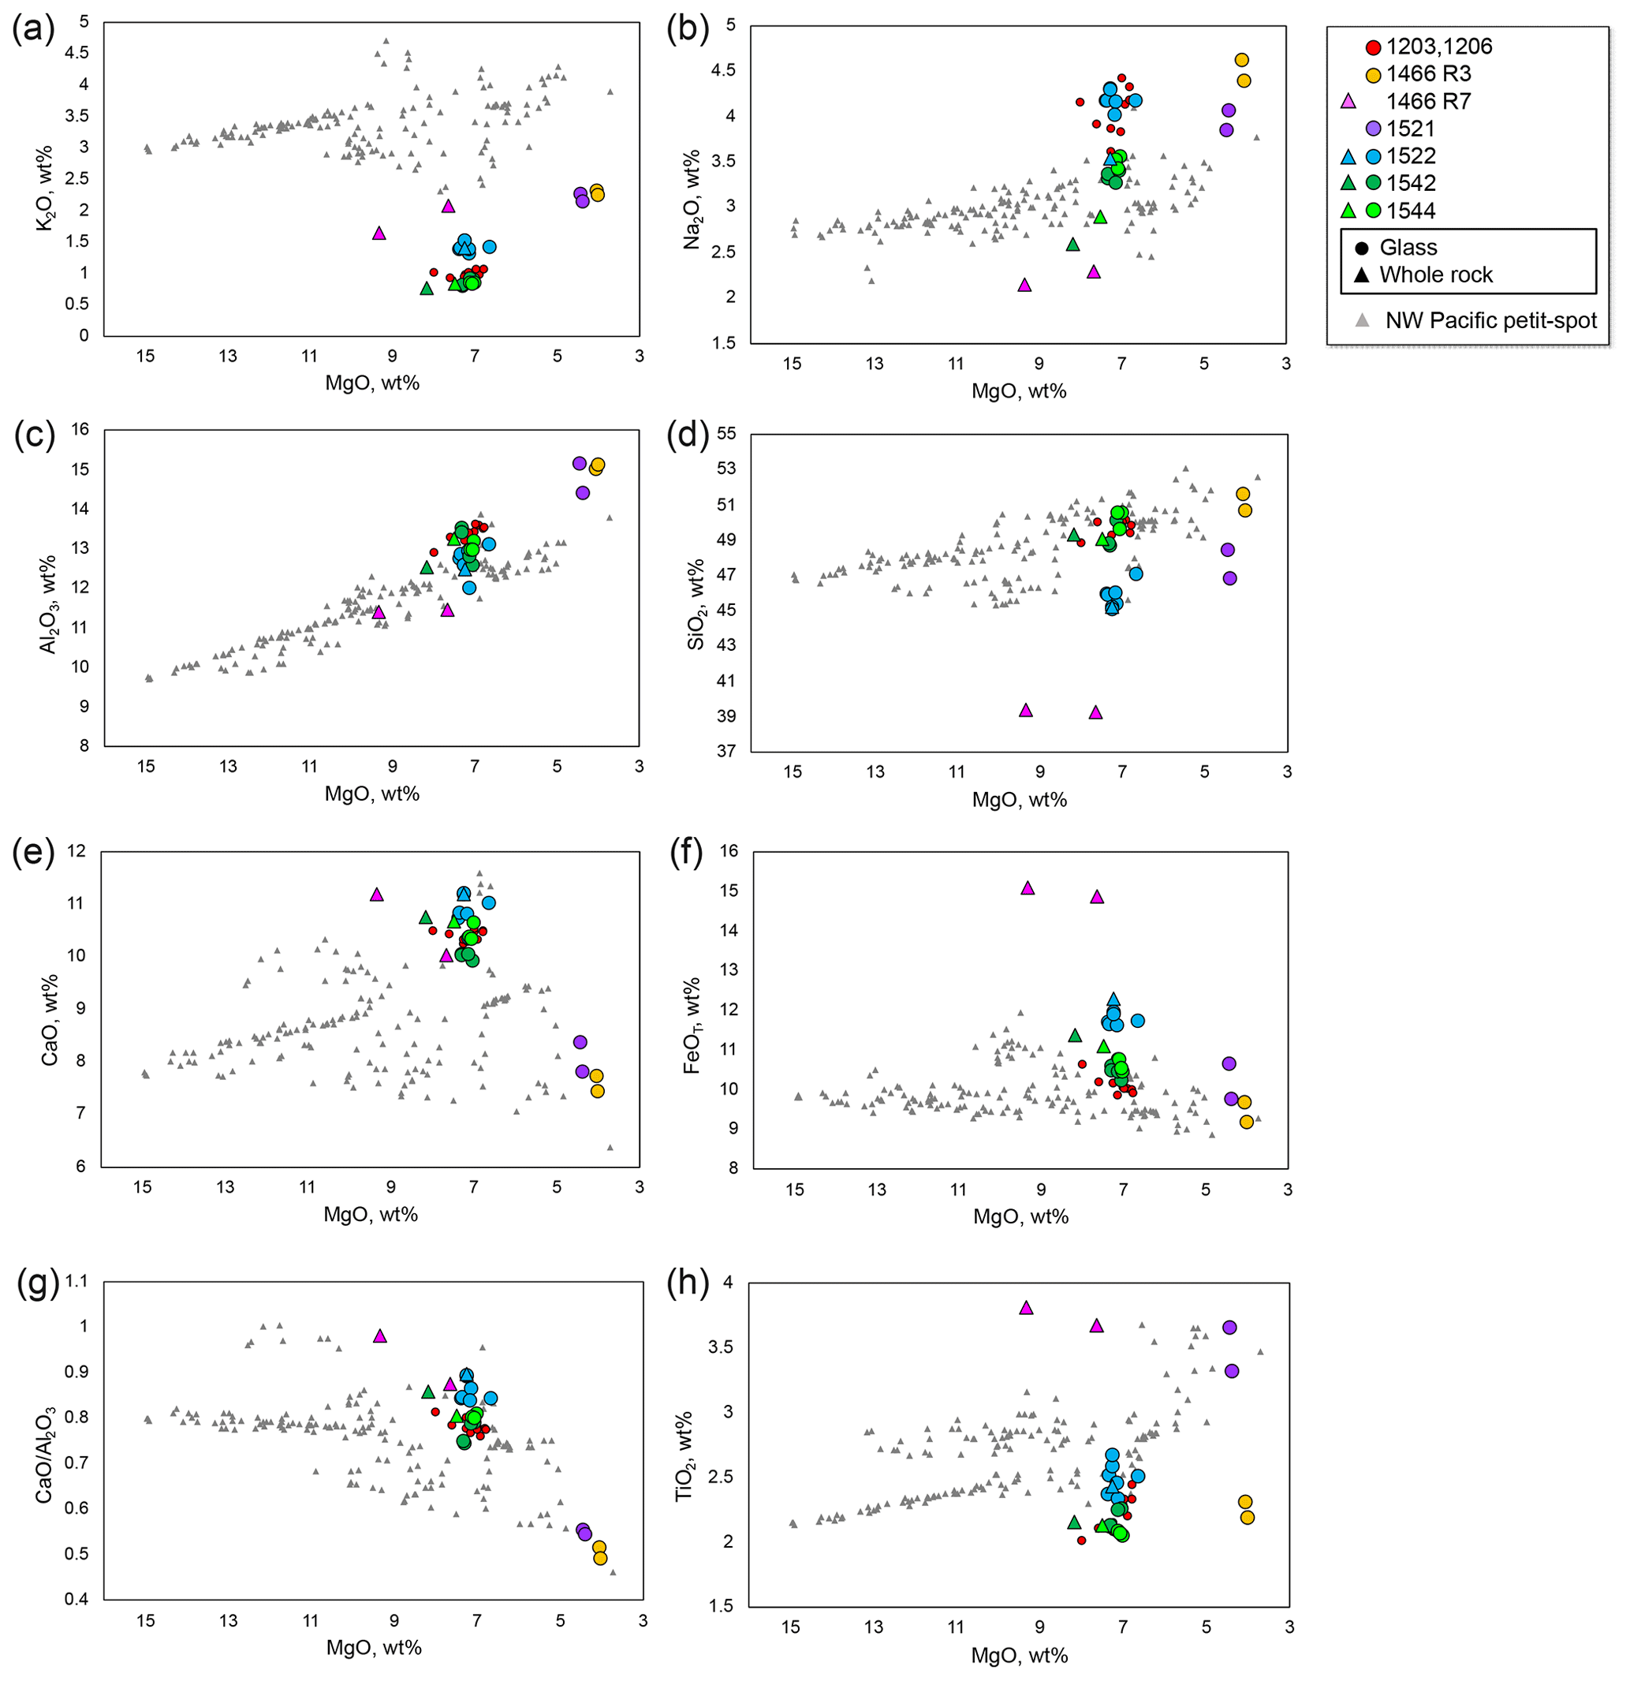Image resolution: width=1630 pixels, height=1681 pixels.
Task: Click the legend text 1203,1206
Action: tap(1439, 47)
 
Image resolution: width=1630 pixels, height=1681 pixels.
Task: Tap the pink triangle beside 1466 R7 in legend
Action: tap(1348, 101)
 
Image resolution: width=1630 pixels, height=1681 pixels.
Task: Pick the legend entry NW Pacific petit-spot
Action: tap(1490, 321)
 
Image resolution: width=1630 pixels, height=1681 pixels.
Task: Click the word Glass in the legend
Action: tap(1408, 248)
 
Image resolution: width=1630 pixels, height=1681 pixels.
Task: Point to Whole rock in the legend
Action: tap(1435, 275)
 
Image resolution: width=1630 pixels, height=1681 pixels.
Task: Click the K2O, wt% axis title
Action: tap(43, 188)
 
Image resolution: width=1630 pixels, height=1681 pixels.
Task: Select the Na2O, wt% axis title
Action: tap(692, 199)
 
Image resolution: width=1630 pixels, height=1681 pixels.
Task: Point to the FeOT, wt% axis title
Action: tap(691, 1025)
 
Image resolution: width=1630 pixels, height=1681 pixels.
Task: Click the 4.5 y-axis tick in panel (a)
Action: tap(76, 53)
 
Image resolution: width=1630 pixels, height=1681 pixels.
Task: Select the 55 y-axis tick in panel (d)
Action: tap(726, 433)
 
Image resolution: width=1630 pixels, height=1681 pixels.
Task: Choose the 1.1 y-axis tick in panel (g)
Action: tap(76, 1281)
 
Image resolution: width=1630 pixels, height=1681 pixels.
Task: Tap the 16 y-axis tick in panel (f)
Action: tap(728, 851)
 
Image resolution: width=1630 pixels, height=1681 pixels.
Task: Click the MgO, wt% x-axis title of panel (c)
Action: tap(372, 794)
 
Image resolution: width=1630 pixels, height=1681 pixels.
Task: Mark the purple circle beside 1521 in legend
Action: tap(1373, 129)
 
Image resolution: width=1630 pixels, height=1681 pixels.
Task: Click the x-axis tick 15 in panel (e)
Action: tap(142, 1187)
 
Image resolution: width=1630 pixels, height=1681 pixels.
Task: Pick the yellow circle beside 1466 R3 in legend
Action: tap(1373, 75)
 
